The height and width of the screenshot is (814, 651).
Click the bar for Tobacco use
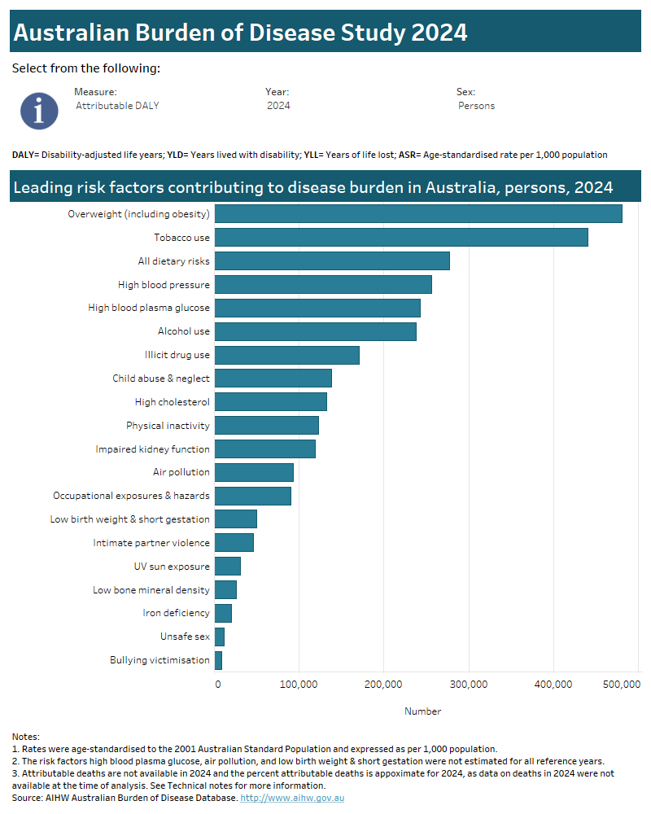pos(401,238)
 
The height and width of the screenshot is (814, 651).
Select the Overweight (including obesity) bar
pos(418,214)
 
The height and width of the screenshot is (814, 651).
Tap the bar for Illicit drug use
pos(287,355)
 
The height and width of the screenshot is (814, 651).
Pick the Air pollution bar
pos(254,472)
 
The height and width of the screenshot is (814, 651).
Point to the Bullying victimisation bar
pos(218,660)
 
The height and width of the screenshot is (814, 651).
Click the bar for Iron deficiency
pos(223,613)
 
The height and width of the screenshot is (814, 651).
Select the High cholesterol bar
pos(271,402)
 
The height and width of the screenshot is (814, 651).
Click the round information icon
pos(39,111)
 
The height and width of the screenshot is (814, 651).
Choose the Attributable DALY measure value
pos(117,106)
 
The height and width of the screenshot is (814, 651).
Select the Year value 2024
pos(278,106)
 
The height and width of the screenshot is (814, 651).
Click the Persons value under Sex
pos(476,106)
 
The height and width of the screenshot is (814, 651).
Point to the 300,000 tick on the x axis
pos(469,685)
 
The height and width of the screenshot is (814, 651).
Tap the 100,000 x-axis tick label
pos(299,685)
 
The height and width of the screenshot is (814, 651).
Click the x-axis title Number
pos(423,711)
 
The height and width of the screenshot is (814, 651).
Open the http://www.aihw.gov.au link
pos(292,798)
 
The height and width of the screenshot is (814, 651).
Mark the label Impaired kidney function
pos(152,449)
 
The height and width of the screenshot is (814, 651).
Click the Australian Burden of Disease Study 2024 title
pos(241,33)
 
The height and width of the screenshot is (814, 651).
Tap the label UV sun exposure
pos(172,567)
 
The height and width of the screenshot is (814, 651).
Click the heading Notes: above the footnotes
pos(26,737)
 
